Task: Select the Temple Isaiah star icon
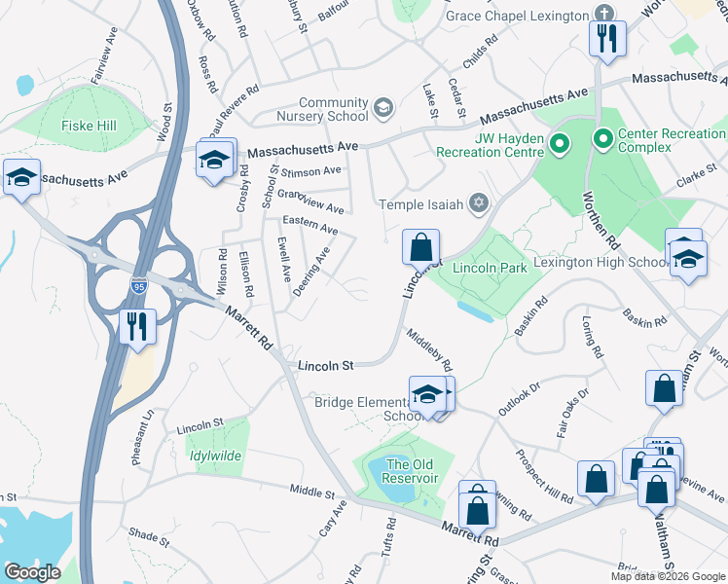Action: coord(478,202)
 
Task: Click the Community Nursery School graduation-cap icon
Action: coord(383,108)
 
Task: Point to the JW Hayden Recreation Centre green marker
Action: coord(560,146)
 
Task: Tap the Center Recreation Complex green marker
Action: coord(603,141)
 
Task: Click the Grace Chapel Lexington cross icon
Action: coord(604,16)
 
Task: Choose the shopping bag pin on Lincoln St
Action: coord(420,248)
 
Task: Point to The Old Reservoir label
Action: coord(411,471)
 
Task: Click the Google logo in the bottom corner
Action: coord(33,572)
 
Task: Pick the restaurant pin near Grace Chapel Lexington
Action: coord(607,40)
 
